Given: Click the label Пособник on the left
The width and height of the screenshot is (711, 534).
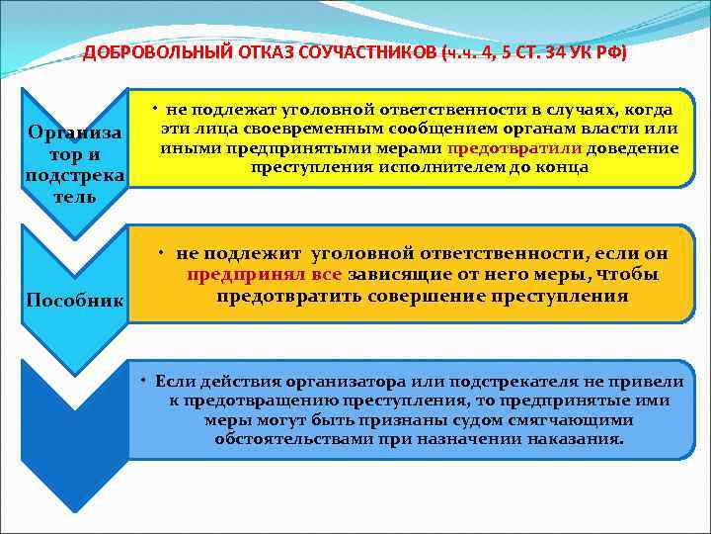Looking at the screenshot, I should click(76, 300).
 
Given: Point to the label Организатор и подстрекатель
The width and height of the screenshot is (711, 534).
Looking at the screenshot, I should click(76, 164).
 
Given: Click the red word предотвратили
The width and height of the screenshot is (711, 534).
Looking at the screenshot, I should click(514, 148).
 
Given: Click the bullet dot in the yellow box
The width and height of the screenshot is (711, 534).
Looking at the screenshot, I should click(158, 106).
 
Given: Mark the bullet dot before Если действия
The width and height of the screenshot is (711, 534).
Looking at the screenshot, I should click(143, 380).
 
